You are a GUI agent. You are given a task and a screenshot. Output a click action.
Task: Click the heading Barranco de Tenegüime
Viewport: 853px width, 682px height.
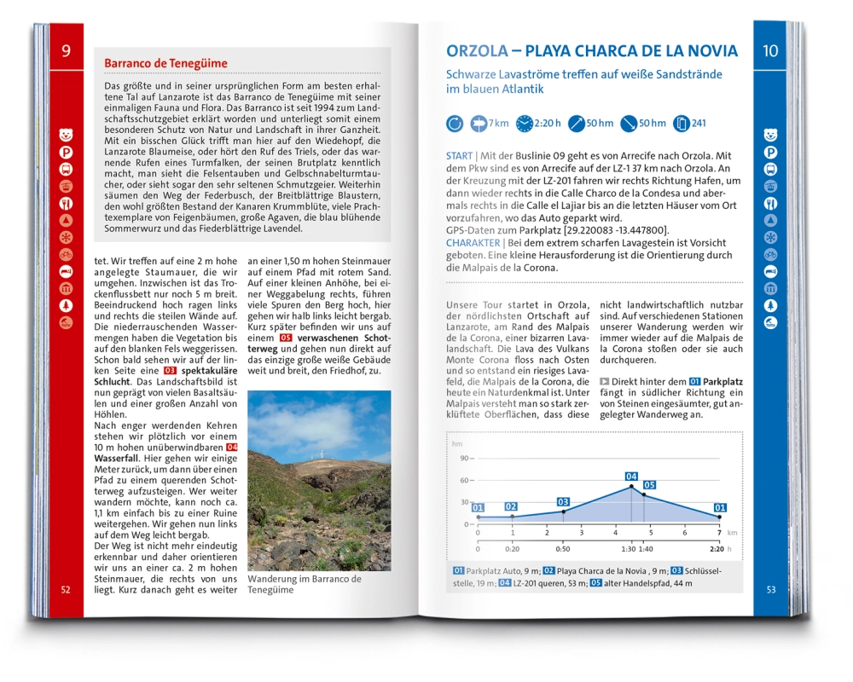(165, 63)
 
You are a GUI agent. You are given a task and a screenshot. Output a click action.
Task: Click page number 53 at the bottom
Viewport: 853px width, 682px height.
(770, 590)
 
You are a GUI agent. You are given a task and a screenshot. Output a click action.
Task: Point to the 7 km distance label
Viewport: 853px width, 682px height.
(498, 124)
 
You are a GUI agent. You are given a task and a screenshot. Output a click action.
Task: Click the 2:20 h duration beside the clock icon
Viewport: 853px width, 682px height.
(548, 124)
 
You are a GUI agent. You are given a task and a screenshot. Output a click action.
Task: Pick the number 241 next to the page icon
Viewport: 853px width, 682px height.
(699, 124)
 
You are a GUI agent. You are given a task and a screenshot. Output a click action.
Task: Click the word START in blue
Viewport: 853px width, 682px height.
(460, 157)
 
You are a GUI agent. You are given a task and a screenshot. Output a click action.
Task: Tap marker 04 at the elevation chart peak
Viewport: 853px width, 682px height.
(631, 477)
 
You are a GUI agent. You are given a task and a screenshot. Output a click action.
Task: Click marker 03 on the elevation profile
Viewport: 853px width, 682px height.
(563, 502)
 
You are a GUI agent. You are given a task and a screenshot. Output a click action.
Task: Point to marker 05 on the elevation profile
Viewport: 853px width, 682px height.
(649, 485)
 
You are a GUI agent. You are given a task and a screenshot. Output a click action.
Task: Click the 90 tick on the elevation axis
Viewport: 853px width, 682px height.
(466, 459)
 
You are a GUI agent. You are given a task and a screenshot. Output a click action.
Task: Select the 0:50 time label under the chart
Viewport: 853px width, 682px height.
(563, 549)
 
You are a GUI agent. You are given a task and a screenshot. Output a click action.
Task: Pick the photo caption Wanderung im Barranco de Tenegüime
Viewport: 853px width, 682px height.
(304, 585)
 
